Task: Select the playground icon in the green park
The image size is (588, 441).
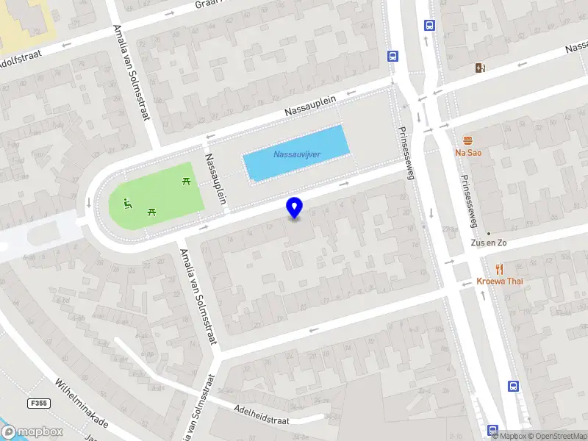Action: coord(128,203)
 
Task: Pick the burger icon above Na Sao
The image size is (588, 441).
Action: coord(467,140)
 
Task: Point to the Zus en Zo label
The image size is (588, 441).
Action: coord(489,243)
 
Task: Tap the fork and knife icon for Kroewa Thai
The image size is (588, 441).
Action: coord(499,269)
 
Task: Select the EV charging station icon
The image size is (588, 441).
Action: coord(480,68)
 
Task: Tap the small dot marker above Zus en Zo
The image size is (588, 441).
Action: coord(489,233)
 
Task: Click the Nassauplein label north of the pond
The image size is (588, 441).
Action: coord(309,107)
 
